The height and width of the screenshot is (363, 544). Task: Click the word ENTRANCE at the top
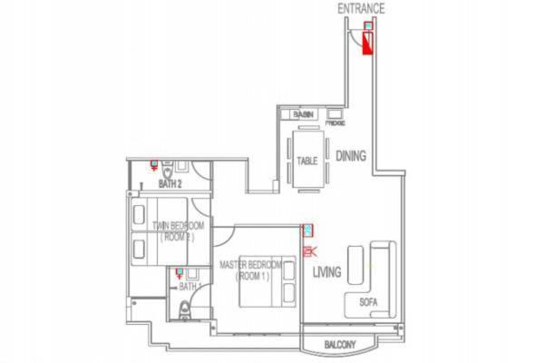pyautogui.click(x=361, y=9)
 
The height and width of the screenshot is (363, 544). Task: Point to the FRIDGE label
pyautogui.click(x=335, y=122)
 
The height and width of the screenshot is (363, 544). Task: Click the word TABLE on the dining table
pyautogui.click(x=306, y=162)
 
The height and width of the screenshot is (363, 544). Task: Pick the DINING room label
pyautogui.click(x=351, y=156)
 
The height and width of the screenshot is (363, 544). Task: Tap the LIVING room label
pyautogui.click(x=326, y=271)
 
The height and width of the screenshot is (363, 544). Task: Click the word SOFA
pyautogui.click(x=369, y=302)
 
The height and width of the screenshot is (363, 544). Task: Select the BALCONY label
pyautogui.click(x=343, y=344)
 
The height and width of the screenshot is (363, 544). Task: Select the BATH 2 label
pyautogui.click(x=170, y=183)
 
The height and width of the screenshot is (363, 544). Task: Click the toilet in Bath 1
pyautogui.click(x=184, y=311)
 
